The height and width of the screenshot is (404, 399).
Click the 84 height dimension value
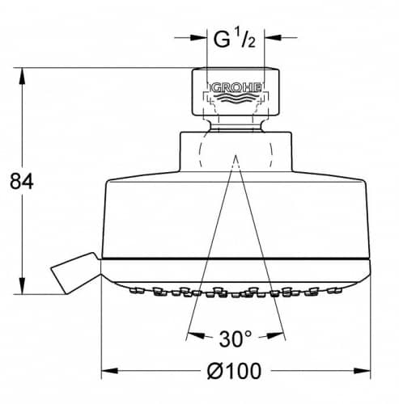click(22, 181)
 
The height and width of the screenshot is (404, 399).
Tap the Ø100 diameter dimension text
click(234, 371)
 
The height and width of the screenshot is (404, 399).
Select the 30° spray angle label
click(235, 339)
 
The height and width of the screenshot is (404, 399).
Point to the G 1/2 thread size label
click(234, 39)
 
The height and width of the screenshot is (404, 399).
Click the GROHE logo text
click(236, 88)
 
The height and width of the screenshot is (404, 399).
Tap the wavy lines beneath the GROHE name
click(236, 99)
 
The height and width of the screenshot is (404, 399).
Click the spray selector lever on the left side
click(75, 272)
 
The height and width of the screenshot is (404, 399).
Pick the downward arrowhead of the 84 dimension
click(22, 285)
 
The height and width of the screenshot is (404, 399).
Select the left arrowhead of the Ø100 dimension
click(110, 371)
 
